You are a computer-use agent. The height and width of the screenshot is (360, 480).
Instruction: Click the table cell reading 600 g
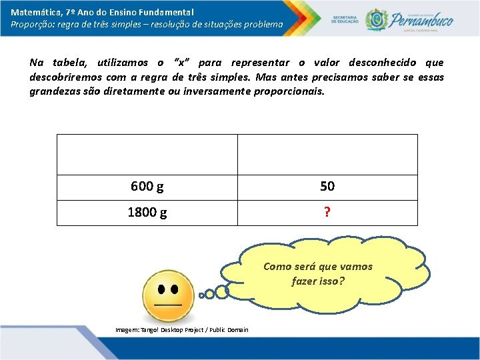tap(147, 187)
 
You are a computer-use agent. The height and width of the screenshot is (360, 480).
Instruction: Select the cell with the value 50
tap(327, 187)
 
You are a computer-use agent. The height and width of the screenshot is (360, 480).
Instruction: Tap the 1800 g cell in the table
tap(147, 213)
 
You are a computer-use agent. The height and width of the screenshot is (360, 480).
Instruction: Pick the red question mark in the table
tap(327, 213)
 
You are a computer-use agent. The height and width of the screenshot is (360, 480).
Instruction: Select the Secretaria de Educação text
tap(345, 19)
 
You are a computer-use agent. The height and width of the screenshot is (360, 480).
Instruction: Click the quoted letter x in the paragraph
tap(180, 63)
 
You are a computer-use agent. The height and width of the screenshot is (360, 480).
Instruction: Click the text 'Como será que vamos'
tap(318, 267)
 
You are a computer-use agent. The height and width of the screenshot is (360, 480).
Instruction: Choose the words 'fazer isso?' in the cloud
tap(318, 281)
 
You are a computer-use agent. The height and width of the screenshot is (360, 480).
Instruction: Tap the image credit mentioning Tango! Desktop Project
tap(181, 330)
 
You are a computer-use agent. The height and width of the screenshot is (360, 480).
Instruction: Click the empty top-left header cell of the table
tap(147, 155)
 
